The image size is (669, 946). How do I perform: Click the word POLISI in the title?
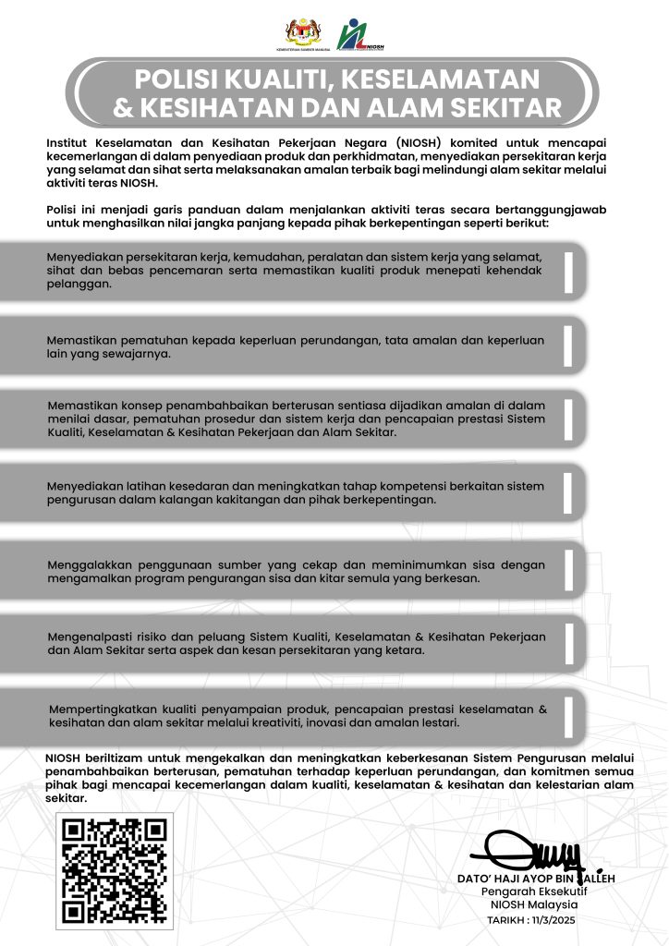click(x=181, y=79)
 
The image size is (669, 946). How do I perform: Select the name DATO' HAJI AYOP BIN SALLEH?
click(x=535, y=878)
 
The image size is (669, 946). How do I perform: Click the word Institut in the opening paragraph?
click(x=67, y=141)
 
